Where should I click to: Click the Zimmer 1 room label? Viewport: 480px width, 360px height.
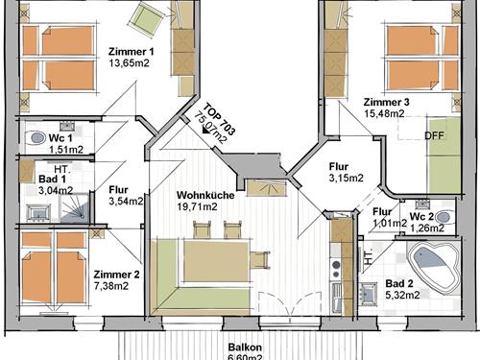tap(132, 52)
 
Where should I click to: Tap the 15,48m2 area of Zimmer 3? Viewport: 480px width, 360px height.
tap(384, 113)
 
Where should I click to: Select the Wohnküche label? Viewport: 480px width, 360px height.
tap(205, 195)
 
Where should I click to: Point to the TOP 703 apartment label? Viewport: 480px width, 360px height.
tap(220, 119)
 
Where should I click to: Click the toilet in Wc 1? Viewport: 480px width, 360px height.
tap(37, 138)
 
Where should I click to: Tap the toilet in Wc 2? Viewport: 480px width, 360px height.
tap(444, 217)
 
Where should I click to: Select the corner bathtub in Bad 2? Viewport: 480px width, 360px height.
tap(434, 266)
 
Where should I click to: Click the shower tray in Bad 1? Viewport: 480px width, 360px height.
tap(75, 208)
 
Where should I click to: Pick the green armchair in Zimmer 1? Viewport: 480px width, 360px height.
tap(146, 18)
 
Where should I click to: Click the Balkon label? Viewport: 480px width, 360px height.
tap(245, 348)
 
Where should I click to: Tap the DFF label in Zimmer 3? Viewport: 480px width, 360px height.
tap(434, 135)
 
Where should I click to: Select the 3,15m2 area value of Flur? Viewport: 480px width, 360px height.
tap(347, 178)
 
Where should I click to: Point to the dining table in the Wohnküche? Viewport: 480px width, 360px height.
tap(216, 261)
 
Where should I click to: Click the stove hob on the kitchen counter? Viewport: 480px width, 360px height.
tap(336, 270)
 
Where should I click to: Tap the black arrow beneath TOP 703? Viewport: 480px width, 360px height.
tap(204, 131)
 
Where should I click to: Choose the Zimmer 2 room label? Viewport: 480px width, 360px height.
tap(116, 275)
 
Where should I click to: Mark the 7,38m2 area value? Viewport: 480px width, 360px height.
tap(111, 286)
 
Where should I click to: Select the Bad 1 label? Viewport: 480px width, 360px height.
tap(52, 179)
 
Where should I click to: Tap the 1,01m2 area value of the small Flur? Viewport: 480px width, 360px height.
tap(390, 223)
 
